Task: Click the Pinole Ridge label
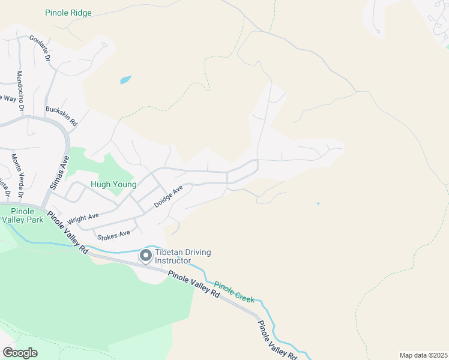(69, 12)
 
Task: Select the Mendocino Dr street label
(19, 92)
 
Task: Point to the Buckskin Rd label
(62, 116)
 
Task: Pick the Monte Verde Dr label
(16, 176)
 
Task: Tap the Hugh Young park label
(113, 185)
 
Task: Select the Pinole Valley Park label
(19, 215)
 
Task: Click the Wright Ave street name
(83, 217)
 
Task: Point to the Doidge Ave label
(168, 196)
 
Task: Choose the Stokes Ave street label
(113, 234)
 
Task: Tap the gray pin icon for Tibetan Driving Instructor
(145, 256)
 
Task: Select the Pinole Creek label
(234, 292)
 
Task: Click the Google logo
(20, 352)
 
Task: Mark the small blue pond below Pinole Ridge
(125, 79)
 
